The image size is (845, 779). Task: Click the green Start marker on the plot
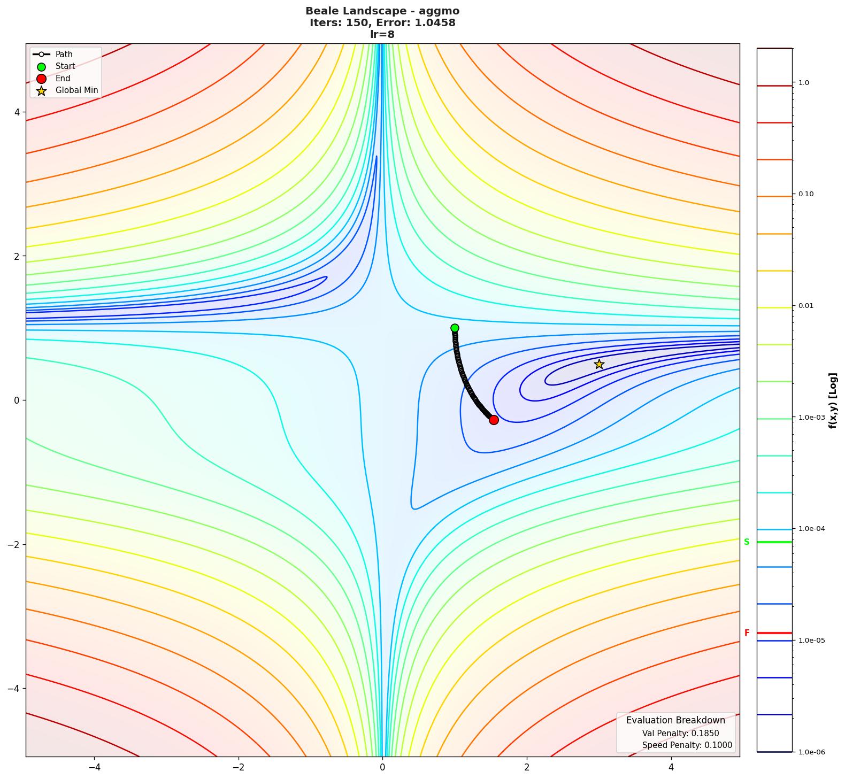(455, 328)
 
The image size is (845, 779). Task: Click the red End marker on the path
(494, 420)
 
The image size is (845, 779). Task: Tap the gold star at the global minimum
(599, 364)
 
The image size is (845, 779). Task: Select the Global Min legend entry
(76, 90)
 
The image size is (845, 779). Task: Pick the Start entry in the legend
(65, 66)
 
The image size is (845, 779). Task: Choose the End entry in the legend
(63, 79)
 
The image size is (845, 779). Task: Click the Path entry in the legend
(64, 55)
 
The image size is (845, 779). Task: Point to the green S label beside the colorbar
(747, 542)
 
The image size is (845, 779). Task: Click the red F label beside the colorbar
(747, 633)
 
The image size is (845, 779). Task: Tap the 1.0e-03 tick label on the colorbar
(811, 418)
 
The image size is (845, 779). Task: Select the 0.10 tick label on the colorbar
(806, 194)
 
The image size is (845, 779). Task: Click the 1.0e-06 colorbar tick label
(811, 752)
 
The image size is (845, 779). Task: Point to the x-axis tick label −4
(94, 767)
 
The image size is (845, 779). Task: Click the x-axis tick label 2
(527, 767)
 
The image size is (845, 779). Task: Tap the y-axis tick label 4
(17, 112)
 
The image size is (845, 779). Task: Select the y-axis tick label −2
(14, 544)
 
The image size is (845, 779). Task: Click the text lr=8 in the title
(382, 34)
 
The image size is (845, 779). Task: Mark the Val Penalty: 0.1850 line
(680, 734)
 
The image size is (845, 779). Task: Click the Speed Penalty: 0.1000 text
(687, 745)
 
